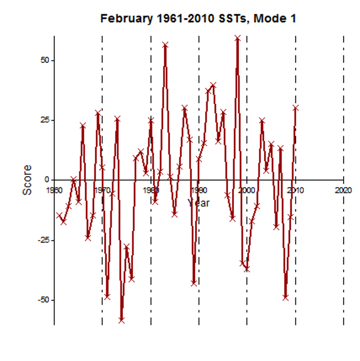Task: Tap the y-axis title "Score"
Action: tap(27, 180)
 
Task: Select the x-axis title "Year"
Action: tap(199, 203)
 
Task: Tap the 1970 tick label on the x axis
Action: tap(102, 190)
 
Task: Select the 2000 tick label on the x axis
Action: tap(247, 190)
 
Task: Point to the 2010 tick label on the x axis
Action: tap(296, 190)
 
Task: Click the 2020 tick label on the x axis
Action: tap(343, 190)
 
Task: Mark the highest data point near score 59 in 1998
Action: tap(237, 39)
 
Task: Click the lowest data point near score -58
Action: tap(122, 320)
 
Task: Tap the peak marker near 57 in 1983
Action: tap(165, 45)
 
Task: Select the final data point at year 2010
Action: tap(296, 108)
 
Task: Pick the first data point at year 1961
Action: tap(59, 215)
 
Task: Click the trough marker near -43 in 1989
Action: tap(194, 283)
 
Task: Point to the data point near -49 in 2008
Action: tap(285, 298)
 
